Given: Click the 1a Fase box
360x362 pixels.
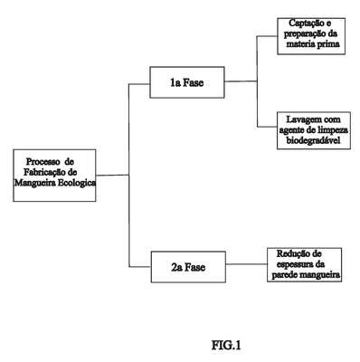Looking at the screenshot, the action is (x=187, y=82).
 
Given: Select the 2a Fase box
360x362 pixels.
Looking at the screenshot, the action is (x=188, y=267).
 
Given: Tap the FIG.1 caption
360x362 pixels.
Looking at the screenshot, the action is (x=226, y=345).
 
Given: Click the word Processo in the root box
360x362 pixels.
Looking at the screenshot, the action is (x=43, y=162).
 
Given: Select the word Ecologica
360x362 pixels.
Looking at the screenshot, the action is (x=77, y=183).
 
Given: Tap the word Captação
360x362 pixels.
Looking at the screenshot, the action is (x=302, y=24).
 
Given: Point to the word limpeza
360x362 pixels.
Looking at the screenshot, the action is (x=332, y=130).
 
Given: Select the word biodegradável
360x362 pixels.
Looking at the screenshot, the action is (x=313, y=140).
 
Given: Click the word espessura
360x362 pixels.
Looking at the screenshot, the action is (x=292, y=264).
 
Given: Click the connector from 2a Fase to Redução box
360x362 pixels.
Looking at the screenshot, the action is (x=247, y=264).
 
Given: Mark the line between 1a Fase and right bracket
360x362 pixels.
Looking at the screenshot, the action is (x=241, y=81).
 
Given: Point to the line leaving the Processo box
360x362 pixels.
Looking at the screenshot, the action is (x=112, y=175).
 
